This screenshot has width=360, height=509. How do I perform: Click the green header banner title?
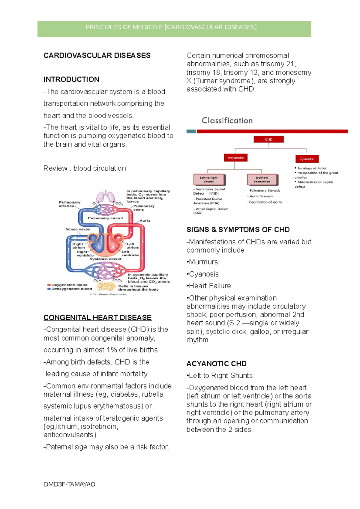click(171, 27)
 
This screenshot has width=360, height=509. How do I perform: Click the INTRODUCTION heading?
click(71, 79)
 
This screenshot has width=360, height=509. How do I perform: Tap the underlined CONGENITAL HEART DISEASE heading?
click(97, 317)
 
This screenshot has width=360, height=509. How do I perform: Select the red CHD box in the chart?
click(268, 139)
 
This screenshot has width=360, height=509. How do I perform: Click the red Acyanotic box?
click(235, 158)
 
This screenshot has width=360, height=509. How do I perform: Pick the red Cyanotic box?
click(306, 159)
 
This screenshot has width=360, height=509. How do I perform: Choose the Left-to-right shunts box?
click(209, 180)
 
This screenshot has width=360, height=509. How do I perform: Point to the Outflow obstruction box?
click(262, 180)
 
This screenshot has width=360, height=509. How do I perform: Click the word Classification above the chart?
click(227, 121)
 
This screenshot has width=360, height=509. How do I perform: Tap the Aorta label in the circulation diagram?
click(145, 221)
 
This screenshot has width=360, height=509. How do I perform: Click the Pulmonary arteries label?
click(70, 204)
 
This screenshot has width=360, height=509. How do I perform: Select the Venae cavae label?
click(78, 229)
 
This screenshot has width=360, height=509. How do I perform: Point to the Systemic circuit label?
click(105, 259)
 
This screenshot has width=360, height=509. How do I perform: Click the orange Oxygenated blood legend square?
click(49, 285)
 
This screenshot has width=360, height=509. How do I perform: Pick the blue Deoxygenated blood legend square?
click(49, 289)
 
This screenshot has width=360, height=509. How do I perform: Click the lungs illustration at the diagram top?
click(106, 197)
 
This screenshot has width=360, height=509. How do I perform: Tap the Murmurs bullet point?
click(202, 262)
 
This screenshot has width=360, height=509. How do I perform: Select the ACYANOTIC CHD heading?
click(216, 364)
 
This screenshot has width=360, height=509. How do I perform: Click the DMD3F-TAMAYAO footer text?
click(69, 484)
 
